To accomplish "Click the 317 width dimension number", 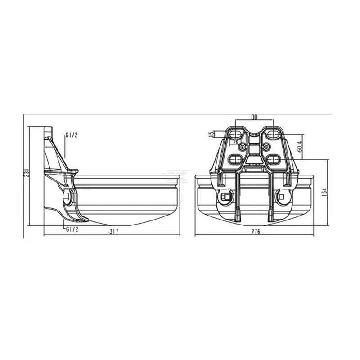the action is (114, 231).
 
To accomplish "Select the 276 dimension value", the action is (256, 231).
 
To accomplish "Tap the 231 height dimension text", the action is (27, 173).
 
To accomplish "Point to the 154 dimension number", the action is (324, 193).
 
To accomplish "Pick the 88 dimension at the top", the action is (254, 117).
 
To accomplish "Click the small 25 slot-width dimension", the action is (235, 142).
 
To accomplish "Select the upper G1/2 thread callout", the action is (72, 135).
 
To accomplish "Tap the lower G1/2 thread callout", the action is (72, 229).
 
